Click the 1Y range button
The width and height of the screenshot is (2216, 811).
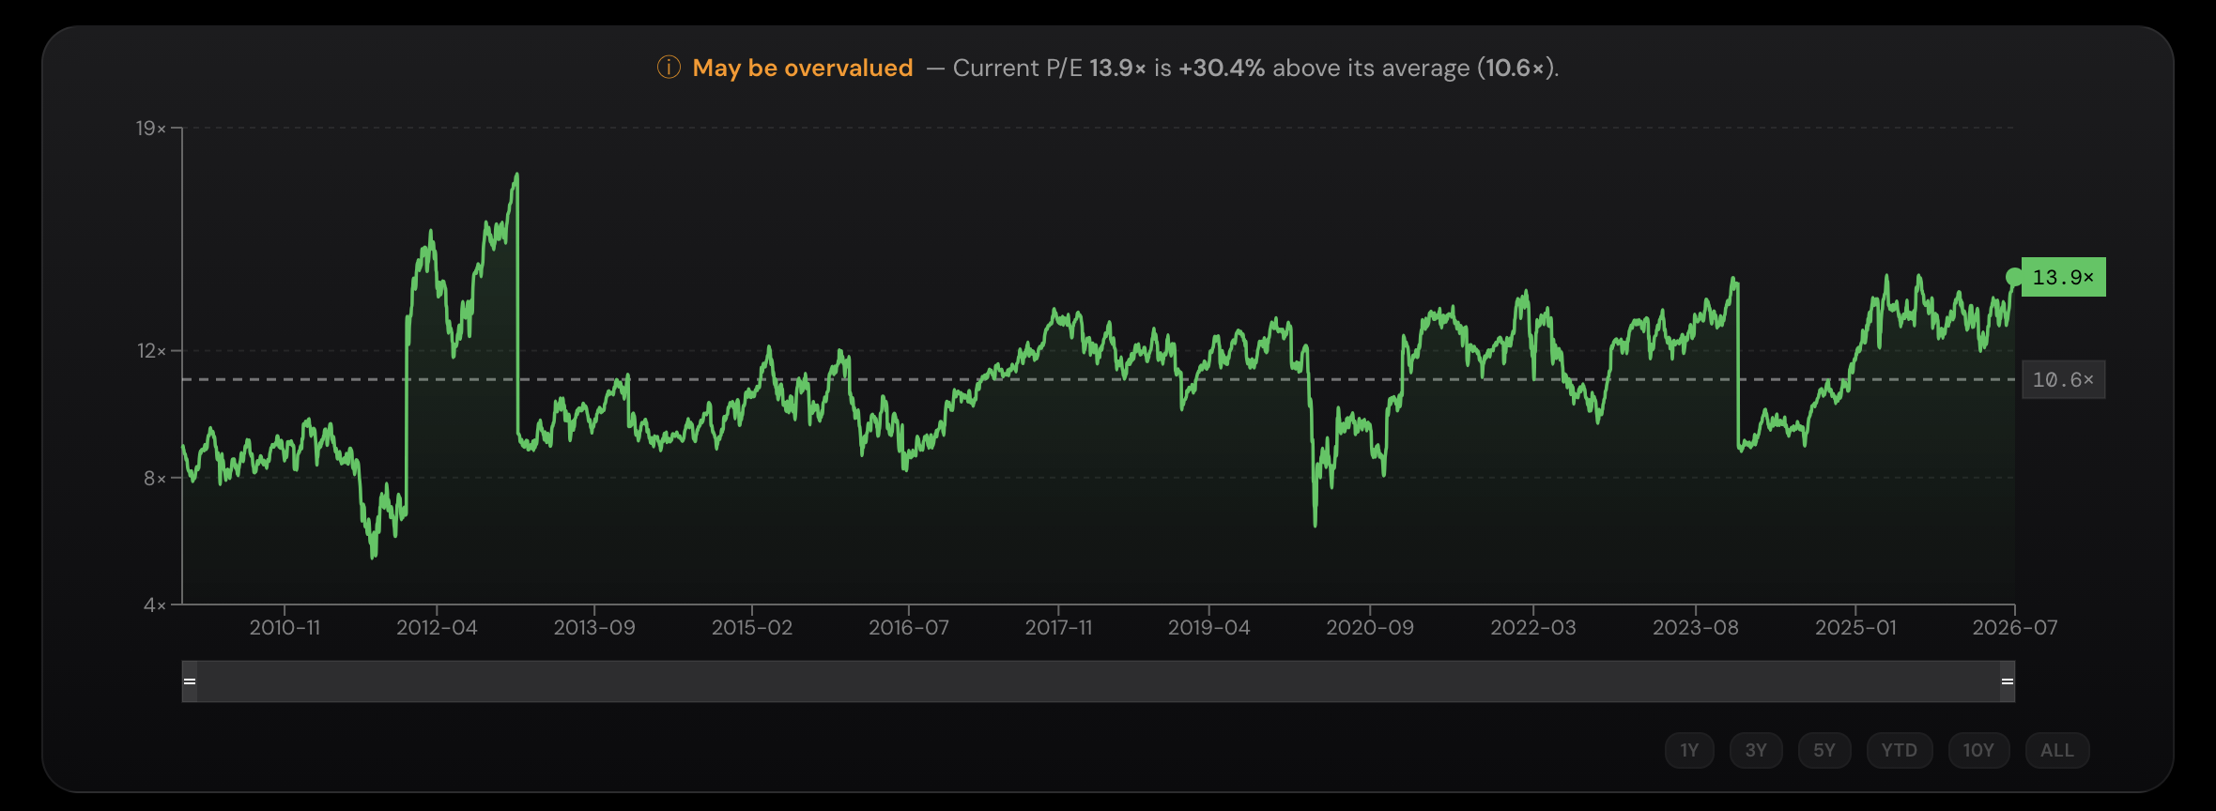(1689, 750)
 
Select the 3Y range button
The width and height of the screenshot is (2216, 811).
(1756, 750)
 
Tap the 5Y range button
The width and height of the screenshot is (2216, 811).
(1824, 750)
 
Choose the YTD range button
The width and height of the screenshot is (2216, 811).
(1900, 750)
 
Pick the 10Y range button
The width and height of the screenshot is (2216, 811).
(1978, 750)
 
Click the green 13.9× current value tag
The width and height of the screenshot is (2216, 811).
(2063, 277)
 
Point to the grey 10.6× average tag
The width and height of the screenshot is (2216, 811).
(2063, 379)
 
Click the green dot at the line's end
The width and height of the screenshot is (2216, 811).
(2014, 277)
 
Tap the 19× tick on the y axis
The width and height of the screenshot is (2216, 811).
(151, 128)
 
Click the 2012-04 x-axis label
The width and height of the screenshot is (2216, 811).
(437, 627)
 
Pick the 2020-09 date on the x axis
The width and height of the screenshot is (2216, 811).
(1370, 627)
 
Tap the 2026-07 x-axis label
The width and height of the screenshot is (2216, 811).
(2015, 627)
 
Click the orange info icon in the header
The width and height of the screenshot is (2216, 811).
(669, 68)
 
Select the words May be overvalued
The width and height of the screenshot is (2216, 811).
(803, 68)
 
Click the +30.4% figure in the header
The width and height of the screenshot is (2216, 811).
(1222, 68)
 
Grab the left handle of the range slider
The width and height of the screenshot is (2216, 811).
(190, 681)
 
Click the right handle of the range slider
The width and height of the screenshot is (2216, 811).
(2008, 681)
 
